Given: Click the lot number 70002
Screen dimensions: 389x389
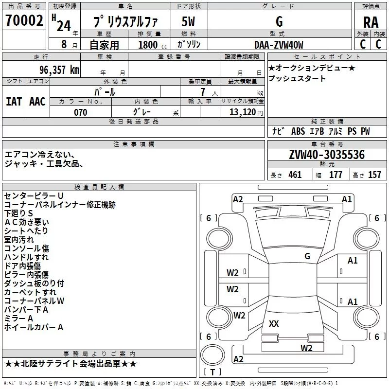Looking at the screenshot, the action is (x=24, y=20).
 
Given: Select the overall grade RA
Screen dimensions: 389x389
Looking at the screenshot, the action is (x=371, y=22).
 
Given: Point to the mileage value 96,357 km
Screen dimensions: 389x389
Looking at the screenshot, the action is (x=59, y=70).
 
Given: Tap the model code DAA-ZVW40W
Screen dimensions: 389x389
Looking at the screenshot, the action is (x=279, y=45).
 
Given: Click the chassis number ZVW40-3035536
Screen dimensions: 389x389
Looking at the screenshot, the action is (x=327, y=155).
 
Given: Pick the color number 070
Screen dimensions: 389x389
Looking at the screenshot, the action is (x=81, y=112).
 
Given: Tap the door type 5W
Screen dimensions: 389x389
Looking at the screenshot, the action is (x=188, y=21).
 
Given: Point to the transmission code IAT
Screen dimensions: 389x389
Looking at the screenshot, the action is (x=14, y=102).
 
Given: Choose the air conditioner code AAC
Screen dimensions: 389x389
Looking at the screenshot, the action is (x=37, y=102).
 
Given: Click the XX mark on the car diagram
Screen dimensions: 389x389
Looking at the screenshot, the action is (x=274, y=323).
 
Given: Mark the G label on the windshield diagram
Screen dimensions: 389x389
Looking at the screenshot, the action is (x=307, y=256).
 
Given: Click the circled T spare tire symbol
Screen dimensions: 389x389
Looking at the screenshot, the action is (x=212, y=355).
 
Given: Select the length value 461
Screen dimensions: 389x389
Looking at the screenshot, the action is (x=295, y=175).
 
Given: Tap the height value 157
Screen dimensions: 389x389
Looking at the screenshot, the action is (x=374, y=175).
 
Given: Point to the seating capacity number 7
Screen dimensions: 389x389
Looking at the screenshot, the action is (x=203, y=92).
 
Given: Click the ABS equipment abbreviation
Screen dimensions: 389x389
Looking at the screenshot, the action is (x=298, y=131).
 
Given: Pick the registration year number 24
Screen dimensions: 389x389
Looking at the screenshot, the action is (x=64, y=26).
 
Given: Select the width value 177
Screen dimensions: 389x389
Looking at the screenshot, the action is (x=336, y=175).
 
